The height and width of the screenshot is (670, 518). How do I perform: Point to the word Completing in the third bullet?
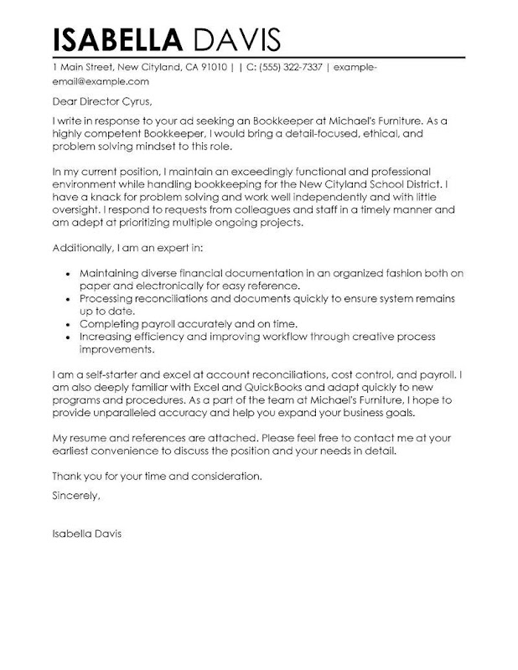coord(109,323)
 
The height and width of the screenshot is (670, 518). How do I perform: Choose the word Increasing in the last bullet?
coord(108,337)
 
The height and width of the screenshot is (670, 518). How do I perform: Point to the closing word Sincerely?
coord(75,496)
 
